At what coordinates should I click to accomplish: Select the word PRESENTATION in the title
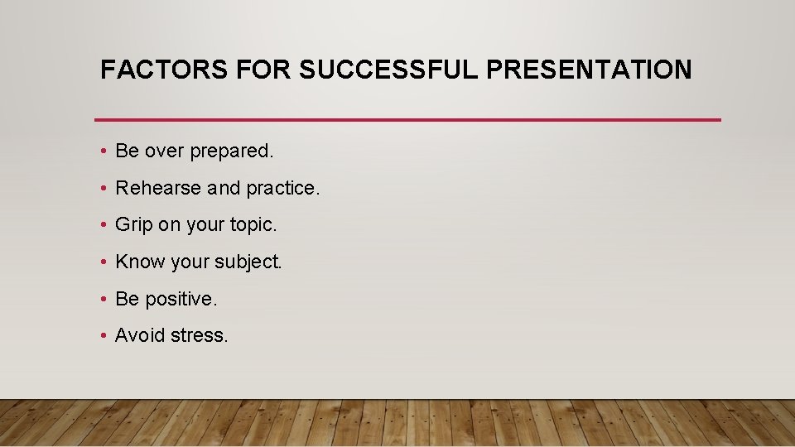coord(589,70)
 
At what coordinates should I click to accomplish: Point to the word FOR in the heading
coord(263,70)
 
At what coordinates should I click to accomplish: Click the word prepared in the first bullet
coord(232,151)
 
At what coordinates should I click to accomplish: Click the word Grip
coord(133,225)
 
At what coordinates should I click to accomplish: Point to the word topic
coord(254,225)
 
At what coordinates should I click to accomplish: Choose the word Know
coord(140,262)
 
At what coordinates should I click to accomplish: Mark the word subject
coord(248,262)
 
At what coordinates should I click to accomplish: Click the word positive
coord(181,299)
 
